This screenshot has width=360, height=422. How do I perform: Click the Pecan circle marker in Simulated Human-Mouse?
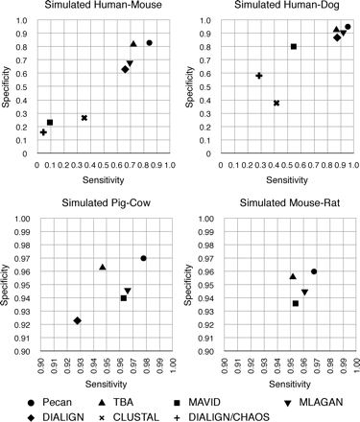[x=149, y=43]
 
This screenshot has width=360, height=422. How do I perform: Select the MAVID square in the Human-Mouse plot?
[x=50, y=123]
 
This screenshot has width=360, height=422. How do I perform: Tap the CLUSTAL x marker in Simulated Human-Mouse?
[x=84, y=118]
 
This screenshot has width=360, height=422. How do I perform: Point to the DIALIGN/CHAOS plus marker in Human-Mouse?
[x=43, y=132]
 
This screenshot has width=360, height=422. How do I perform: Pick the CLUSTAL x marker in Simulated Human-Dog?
[x=276, y=103]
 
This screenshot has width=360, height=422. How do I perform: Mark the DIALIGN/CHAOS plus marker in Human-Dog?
[x=259, y=75]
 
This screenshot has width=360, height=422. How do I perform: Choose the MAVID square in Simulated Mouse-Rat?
[x=296, y=303]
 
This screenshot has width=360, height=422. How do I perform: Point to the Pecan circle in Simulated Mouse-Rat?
[x=314, y=271]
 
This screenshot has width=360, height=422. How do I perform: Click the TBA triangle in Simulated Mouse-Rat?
[x=293, y=276]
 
